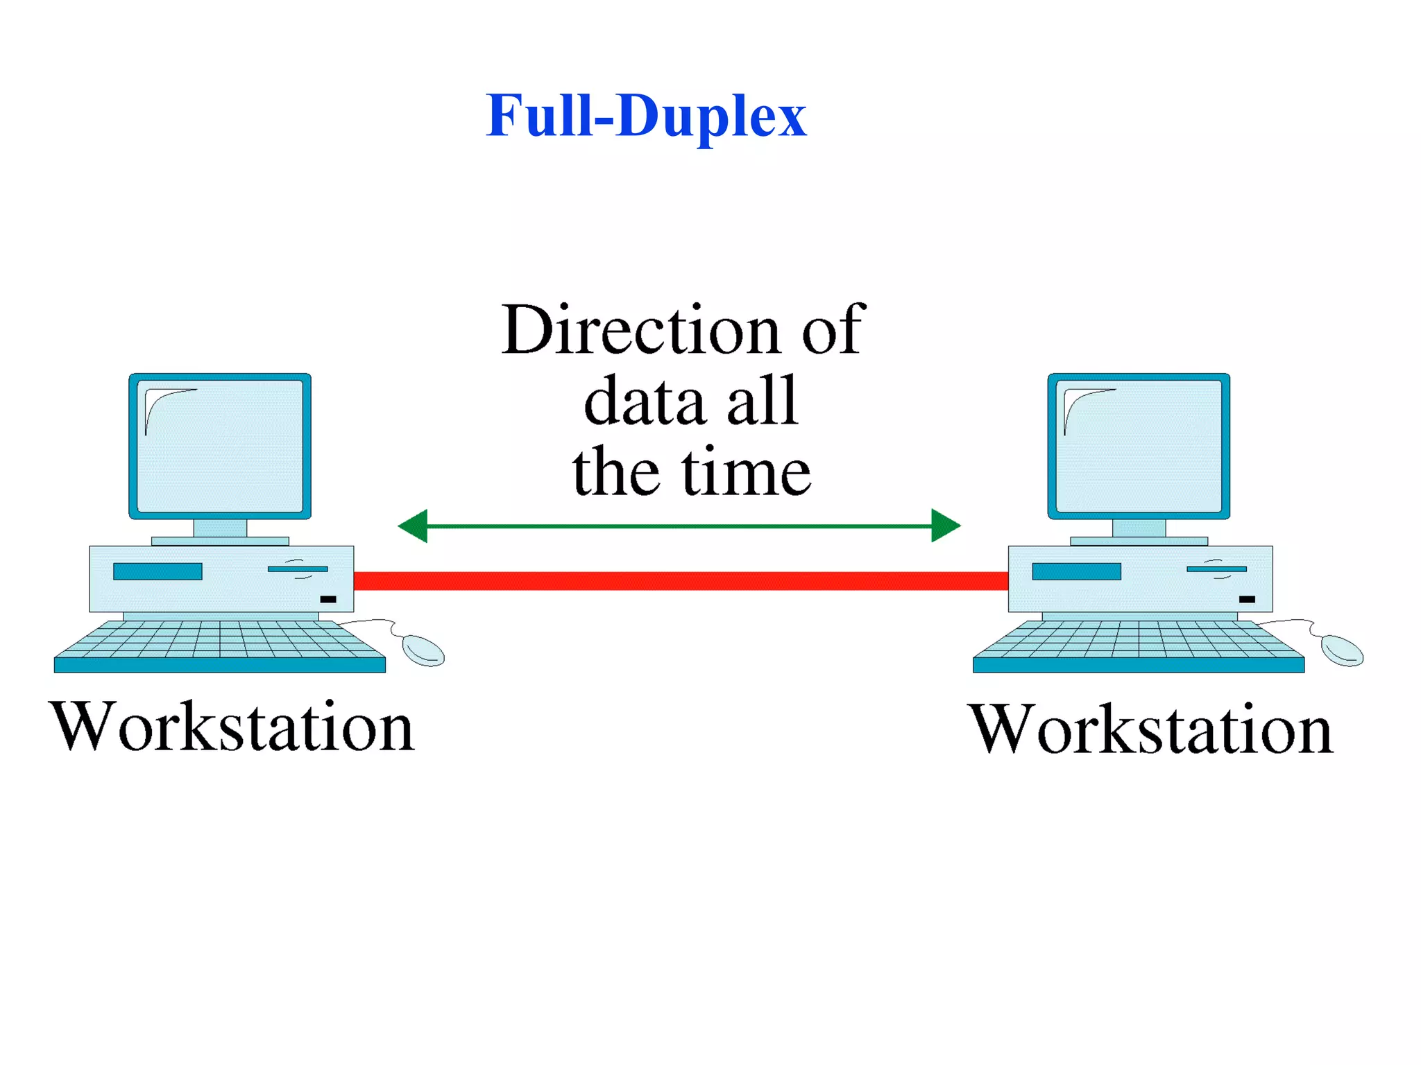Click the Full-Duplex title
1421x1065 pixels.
pos(646,116)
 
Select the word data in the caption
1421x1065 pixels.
pos(645,402)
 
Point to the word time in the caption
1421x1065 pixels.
pos(746,473)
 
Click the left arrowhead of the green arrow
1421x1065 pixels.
pos(414,526)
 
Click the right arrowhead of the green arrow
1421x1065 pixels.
pos(944,526)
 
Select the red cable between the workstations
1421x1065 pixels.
pos(680,581)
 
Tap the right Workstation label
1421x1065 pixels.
pos(1150,729)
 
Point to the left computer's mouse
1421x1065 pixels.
pos(423,650)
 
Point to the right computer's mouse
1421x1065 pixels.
pos(1342,650)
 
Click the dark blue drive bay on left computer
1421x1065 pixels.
pos(158,571)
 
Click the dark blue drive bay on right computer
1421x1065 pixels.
pos(1076,571)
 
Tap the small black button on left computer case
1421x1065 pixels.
pos(328,599)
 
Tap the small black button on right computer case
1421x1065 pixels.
pos(1247,599)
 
